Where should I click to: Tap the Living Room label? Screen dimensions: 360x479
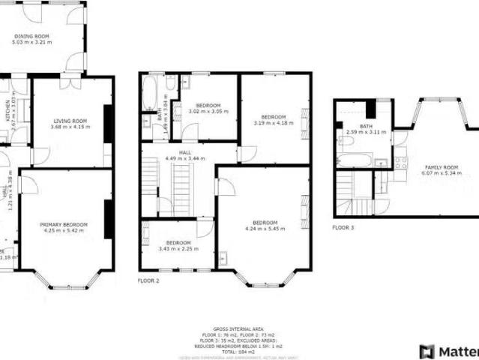tap(70, 121)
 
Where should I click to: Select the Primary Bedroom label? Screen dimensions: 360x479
tap(64, 225)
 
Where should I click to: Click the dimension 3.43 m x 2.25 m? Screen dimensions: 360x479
tap(178, 248)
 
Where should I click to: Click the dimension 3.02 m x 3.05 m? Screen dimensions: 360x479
tap(208, 111)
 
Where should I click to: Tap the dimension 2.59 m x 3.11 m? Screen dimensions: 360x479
tap(366, 132)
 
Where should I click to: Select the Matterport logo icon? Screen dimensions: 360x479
tap(427, 351)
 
